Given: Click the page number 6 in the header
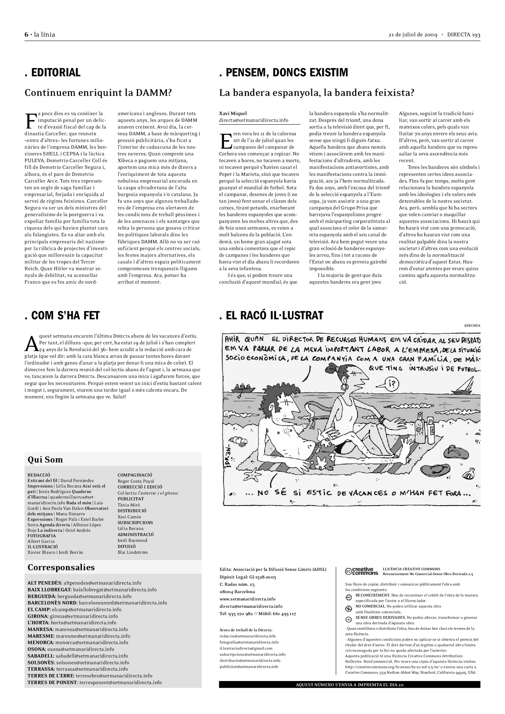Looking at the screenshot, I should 27,34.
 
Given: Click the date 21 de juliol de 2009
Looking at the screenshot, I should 413,35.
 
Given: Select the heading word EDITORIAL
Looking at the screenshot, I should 56,72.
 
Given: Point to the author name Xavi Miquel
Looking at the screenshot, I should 233,114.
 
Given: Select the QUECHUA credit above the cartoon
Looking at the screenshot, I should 472,326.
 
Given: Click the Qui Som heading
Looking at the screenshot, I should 45,460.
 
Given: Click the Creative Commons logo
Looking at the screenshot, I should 361,571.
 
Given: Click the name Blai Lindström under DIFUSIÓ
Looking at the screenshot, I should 133,552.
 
